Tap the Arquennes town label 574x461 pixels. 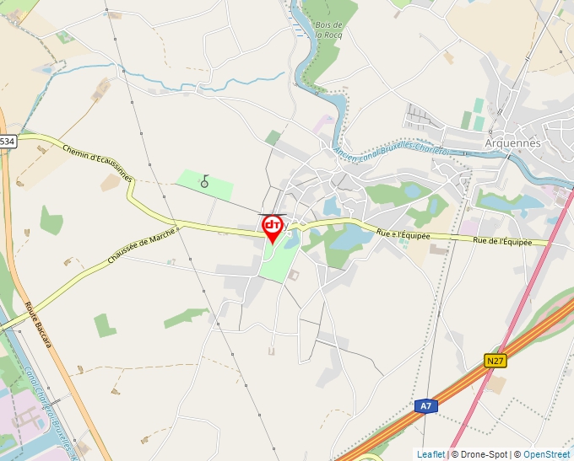click(x=512, y=142)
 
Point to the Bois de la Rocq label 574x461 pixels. click(x=328, y=30)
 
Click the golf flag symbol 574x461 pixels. click(x=204, y=181)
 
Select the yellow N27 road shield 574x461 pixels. click(x=495, y=361)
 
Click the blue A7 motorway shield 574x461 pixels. click(x=427, y=406)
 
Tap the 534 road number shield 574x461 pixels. click(x=7, y=142)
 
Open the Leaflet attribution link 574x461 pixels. click(x=430, y=454)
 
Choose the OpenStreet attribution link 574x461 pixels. click(x=546, y=454)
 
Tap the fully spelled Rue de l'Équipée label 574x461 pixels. click(x=502, y=242)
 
